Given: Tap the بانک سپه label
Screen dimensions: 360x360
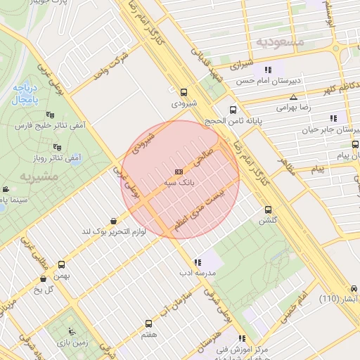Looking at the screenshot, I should tap(179, 182).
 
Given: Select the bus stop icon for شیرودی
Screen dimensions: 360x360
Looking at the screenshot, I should tap(184, 92).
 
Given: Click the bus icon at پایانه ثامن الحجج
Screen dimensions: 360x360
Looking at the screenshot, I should tap(233, 110).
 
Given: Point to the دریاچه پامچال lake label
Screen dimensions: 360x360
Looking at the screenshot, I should tap(25, 93).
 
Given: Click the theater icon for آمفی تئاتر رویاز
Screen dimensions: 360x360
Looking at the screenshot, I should tap(57, 147).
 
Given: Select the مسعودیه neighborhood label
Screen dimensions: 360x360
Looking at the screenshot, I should tap(280, 42).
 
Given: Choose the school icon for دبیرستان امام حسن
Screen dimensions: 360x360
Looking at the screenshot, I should tap(267, 70).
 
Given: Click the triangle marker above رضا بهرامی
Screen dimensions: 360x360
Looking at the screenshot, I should tap(293, 97).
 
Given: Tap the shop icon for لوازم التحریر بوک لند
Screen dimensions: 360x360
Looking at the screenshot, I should tap(115, 220).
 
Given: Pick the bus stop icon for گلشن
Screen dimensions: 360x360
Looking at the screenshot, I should tap(268, 210).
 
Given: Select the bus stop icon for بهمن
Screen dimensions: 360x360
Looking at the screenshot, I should tap(62, 265).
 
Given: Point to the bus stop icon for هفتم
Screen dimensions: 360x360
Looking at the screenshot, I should tap(148, 323).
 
